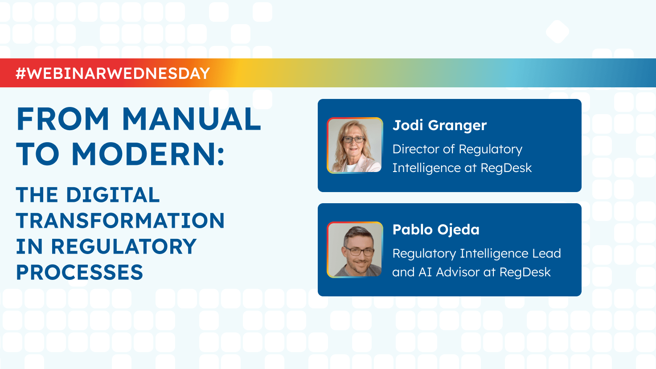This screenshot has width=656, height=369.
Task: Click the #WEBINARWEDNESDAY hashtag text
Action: coord(113,73)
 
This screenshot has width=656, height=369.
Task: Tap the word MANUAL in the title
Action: coord(191,119)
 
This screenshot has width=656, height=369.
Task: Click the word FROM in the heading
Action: coord(63,119)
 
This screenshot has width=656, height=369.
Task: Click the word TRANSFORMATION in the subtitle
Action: coord(120,221)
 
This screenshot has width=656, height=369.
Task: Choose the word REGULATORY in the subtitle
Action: coord(123,247)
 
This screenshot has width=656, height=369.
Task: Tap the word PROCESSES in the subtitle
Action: coord(79,273)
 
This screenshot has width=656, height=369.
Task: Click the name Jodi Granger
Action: coord(439,125)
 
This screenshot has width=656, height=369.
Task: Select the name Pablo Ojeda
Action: coord(436,230)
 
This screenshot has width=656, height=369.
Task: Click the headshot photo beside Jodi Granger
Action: coord(355,145)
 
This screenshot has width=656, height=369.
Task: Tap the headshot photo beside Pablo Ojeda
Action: coord(355,250)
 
